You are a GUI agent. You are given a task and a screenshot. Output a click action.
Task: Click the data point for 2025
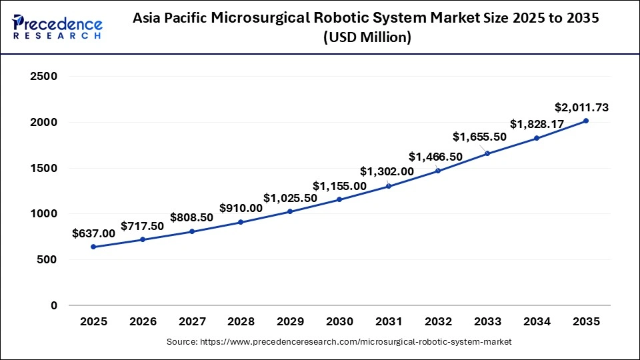(93, 247)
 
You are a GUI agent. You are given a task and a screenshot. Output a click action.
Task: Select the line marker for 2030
(339, 200)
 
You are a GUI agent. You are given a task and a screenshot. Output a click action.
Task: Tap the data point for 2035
(586, 121)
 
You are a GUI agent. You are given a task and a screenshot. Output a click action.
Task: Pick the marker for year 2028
(241, 222)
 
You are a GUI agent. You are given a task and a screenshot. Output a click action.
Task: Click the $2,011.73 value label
(581, 107)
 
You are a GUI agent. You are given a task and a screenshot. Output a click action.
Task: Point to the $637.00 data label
(93, 233)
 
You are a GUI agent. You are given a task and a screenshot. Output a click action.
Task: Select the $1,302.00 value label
(387, 171)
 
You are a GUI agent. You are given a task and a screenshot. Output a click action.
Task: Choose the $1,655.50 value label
(479, 137)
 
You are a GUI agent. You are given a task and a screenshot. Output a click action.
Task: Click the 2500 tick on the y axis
(43, 77)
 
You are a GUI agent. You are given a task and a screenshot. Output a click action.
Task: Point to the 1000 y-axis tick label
(43, 214)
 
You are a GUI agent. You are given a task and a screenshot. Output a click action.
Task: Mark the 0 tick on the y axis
(53, 305)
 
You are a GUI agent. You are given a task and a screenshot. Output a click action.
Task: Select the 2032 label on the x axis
(438, 321)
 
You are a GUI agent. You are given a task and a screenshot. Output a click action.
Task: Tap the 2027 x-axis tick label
(192, 321)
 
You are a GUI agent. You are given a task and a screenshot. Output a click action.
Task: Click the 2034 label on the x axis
(537, 321)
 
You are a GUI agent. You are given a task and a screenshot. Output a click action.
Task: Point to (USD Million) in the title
(367, 39)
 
